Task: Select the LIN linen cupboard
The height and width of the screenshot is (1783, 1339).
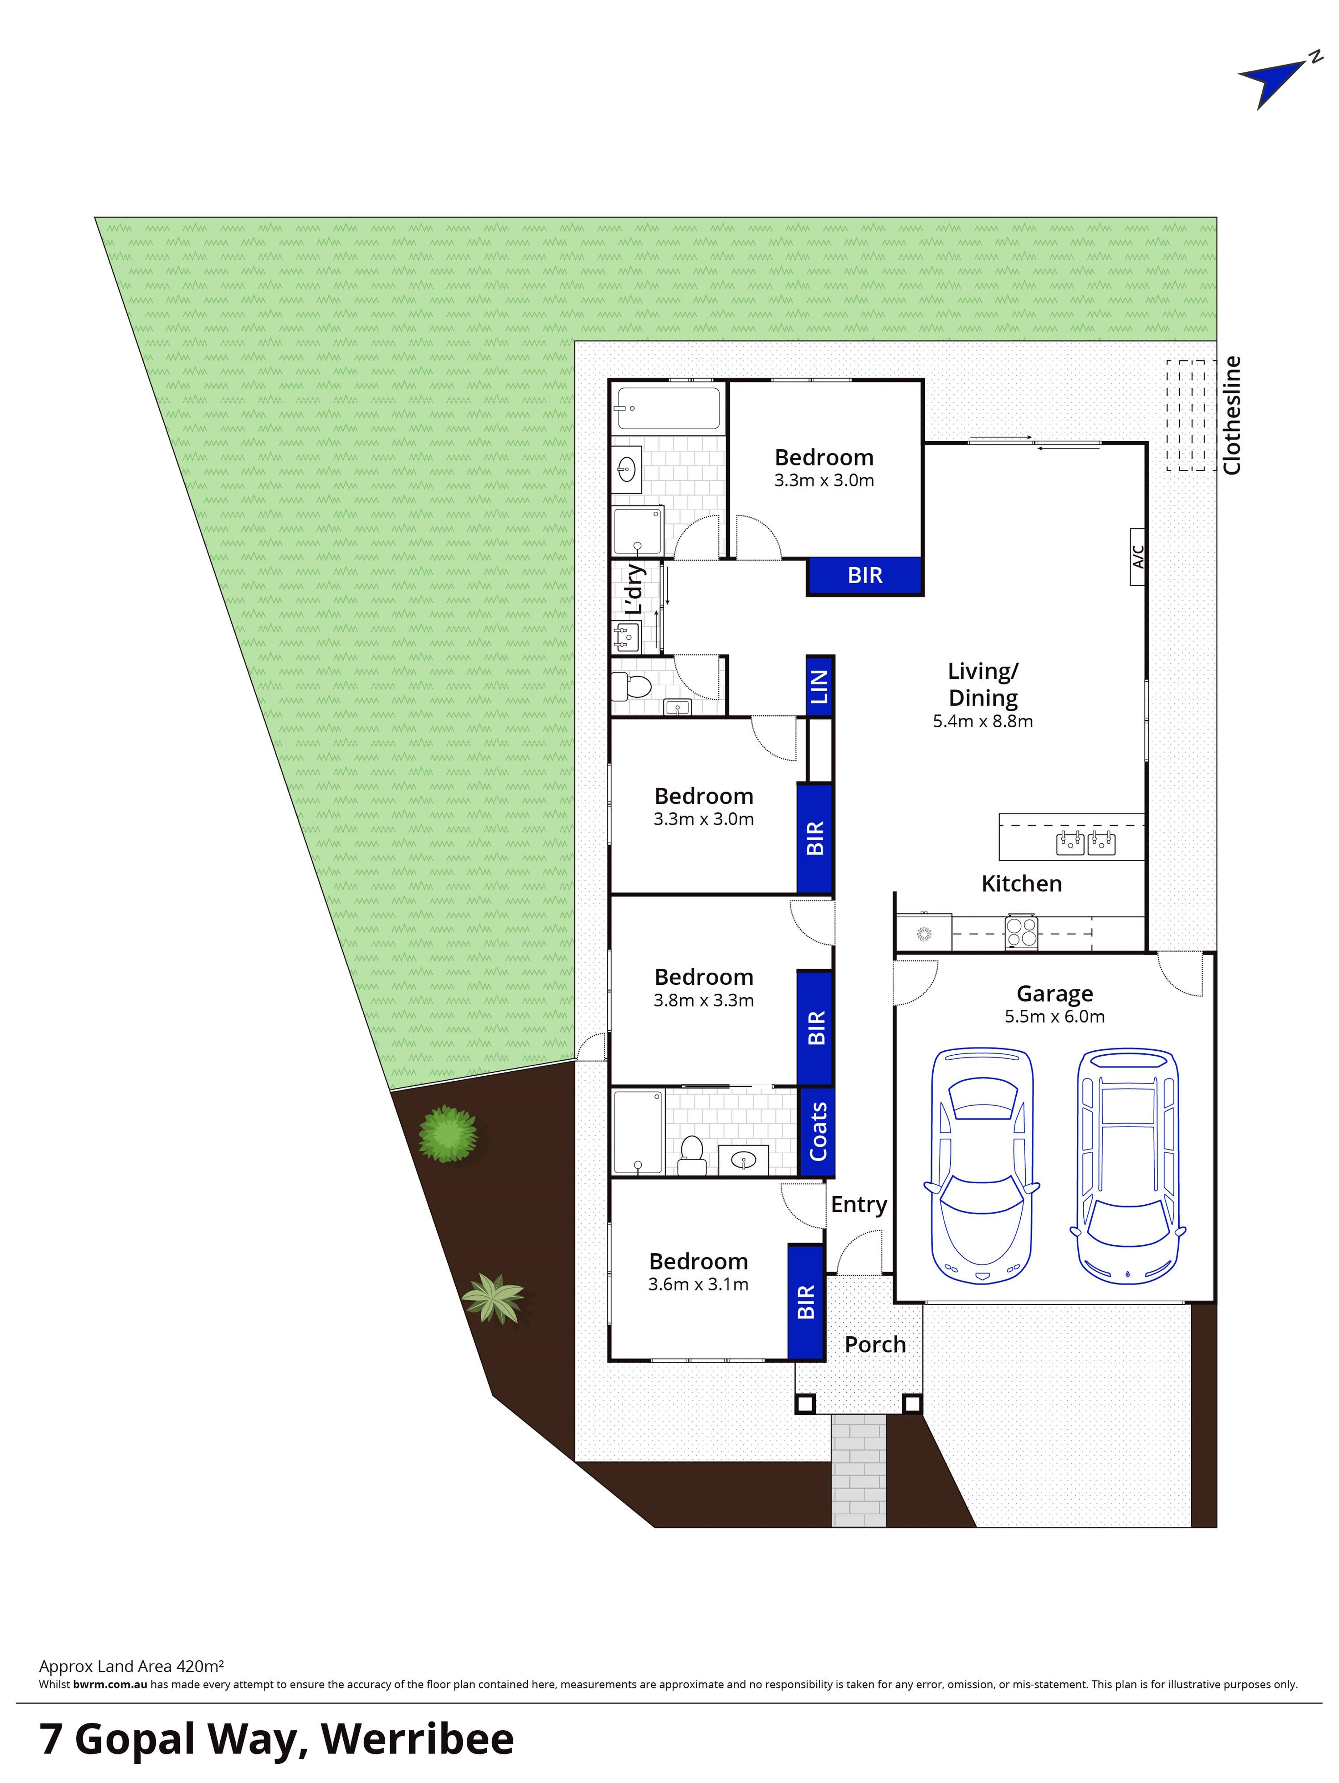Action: [819, 686]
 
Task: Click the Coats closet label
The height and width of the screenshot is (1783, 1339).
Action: [817, 1132]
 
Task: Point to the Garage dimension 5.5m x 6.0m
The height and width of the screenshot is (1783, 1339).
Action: [1054, 1016]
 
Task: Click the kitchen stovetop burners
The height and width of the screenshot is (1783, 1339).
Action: [1021, 933]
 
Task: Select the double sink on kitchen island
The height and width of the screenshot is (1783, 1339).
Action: [1085, 844]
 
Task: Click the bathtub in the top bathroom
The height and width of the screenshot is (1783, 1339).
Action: [667, 409]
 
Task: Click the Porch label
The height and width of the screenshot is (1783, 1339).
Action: [875, 1344]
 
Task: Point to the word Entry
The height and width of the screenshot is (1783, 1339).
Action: [859, 1204]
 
